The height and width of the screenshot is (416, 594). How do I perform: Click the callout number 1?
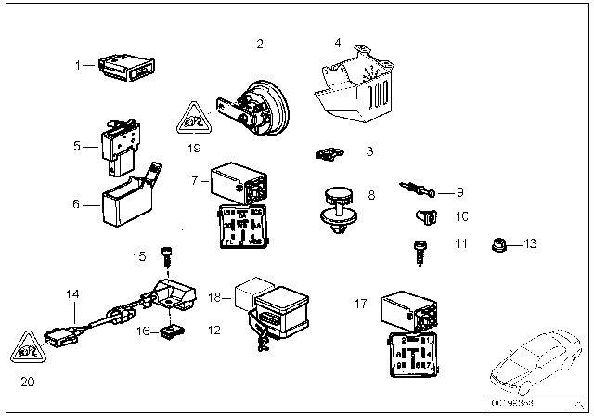80,65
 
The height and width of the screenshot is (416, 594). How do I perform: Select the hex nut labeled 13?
497,244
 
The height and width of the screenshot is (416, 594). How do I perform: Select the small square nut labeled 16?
169,329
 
